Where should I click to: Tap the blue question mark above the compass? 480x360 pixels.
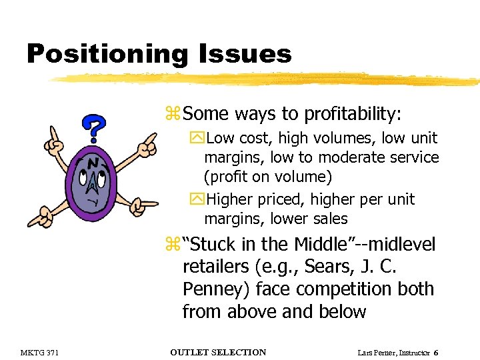(x=95, y=127)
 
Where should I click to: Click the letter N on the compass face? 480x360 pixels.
(x=95, y=164)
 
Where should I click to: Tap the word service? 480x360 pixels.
(x=415, y=157)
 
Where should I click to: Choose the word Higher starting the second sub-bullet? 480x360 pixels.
(x=235, y=199)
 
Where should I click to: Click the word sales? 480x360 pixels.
(x=328, y=219)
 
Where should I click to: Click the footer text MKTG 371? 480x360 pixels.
(x=41, y=352)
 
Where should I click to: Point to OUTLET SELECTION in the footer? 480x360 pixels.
(x=218, y=352)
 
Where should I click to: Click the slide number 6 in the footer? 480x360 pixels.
(x=436, y=352)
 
